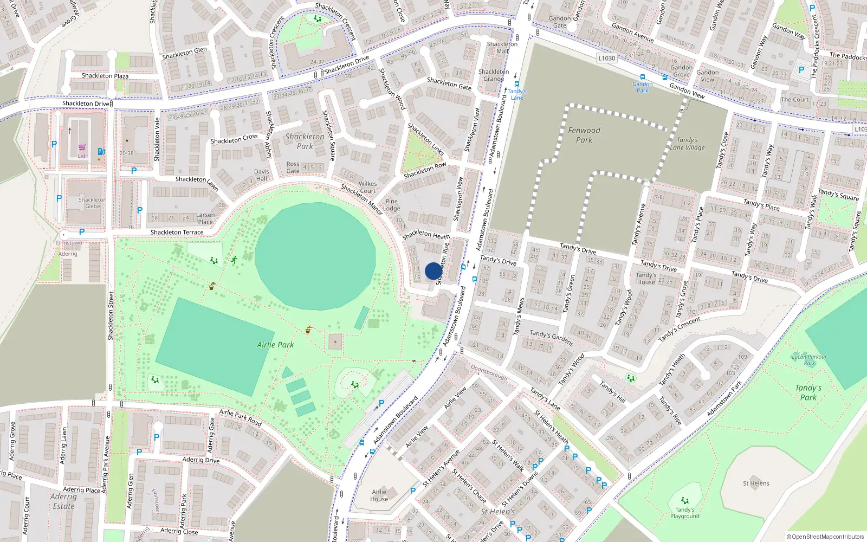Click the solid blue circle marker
pos(433,271)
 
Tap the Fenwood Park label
pos(584,135)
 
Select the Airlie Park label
pos(275,345)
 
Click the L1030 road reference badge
pos(606,58)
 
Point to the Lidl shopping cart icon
pos(82,147)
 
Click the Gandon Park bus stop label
pos(642,87)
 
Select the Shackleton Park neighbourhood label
pos(305,141)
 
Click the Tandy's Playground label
pos(684,513)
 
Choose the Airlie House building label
pos(379,495)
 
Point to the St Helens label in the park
pos(755,483)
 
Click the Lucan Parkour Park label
pos(809,360)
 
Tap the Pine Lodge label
pos(391,205)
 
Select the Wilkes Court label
pos(367,187)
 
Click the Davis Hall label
pos(261,175)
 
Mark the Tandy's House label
pos(645,279)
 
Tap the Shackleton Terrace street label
pos(177,233)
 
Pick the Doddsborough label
pos(489,372)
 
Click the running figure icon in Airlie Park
pos(234,260)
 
